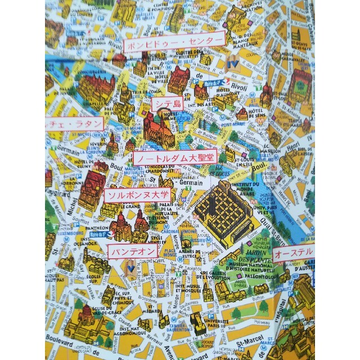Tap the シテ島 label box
coord(167,104)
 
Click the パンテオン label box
coord(133,250)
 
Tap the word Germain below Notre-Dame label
coord(190,183)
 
